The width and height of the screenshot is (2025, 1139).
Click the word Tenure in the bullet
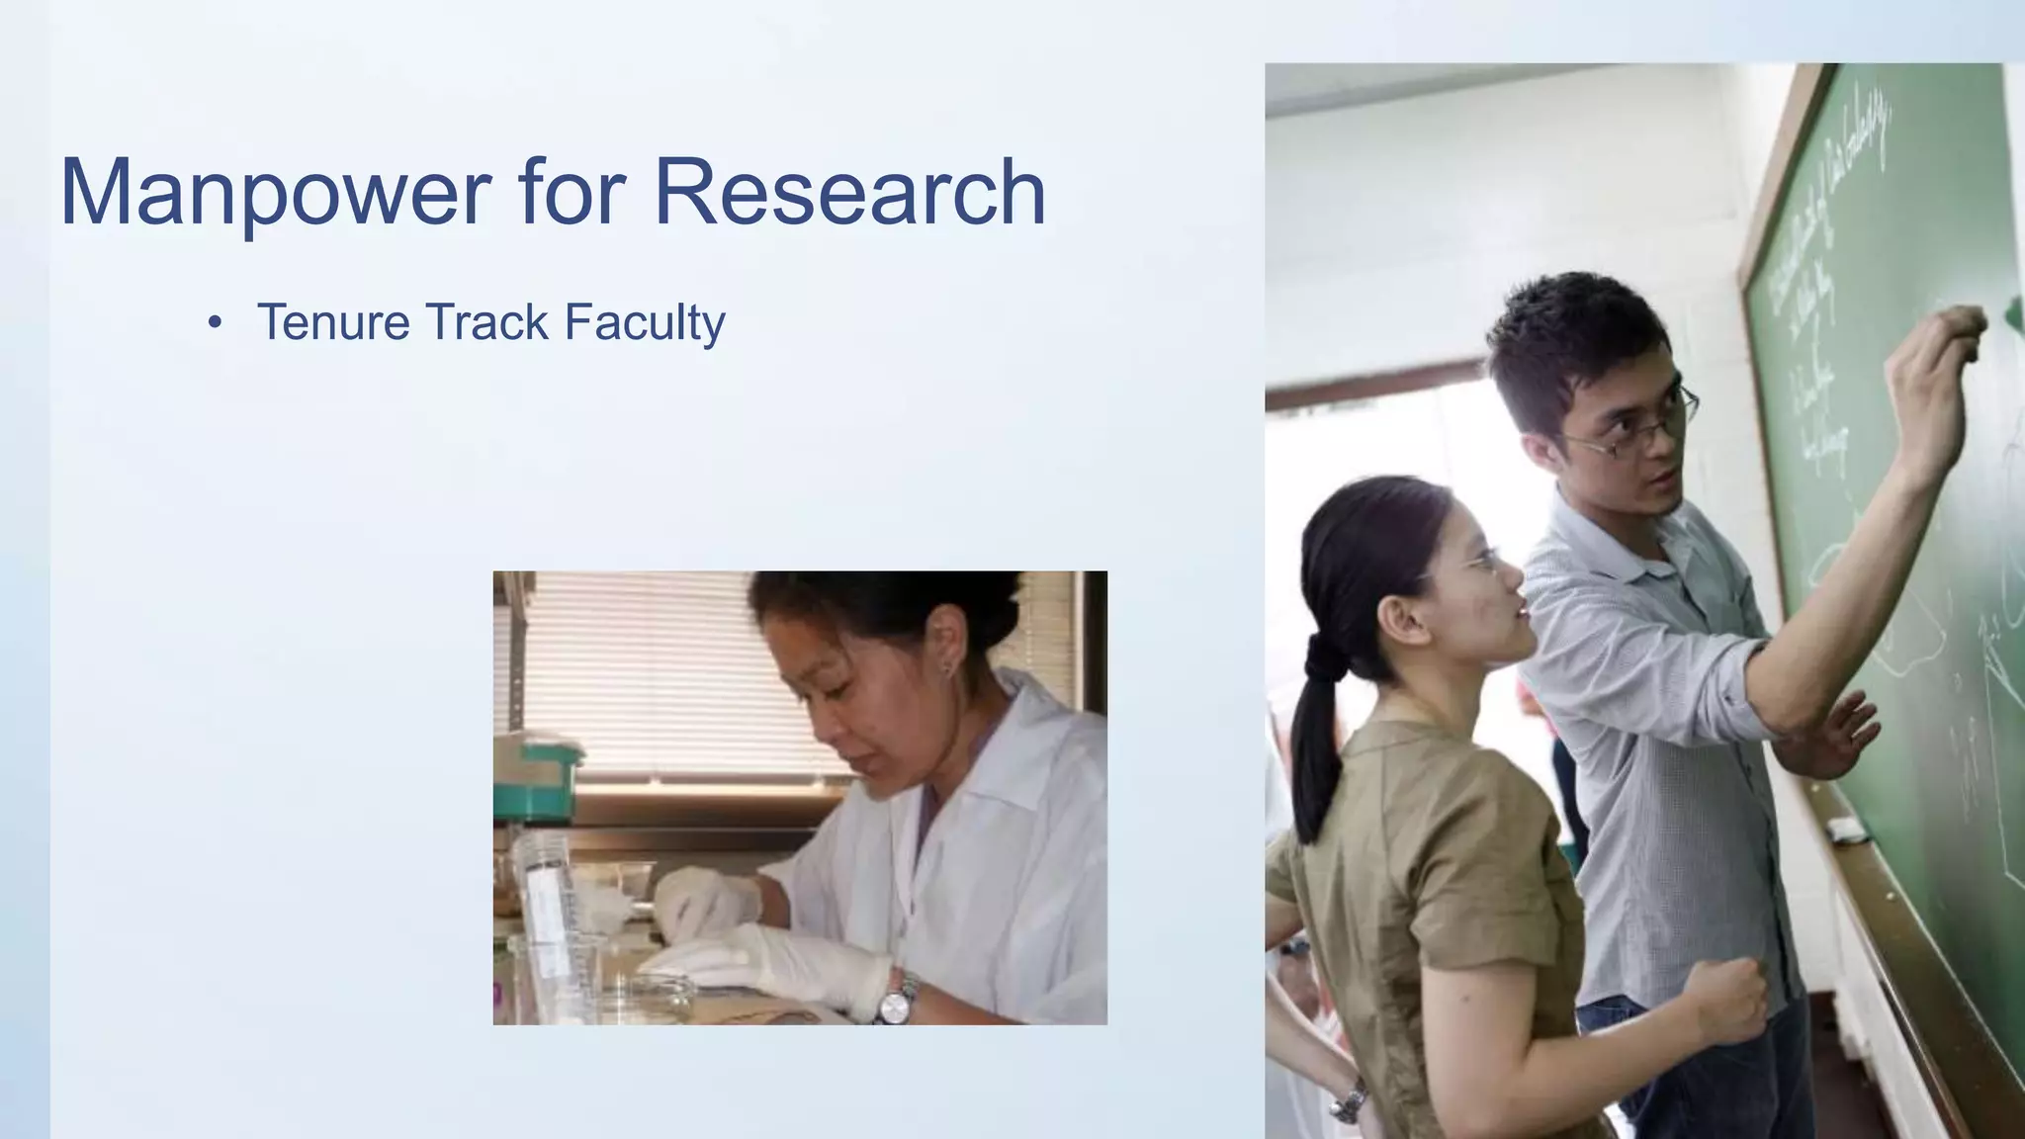(332, 322)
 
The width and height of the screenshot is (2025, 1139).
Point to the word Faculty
(645, 324)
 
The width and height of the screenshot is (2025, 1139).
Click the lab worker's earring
(947, 669)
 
